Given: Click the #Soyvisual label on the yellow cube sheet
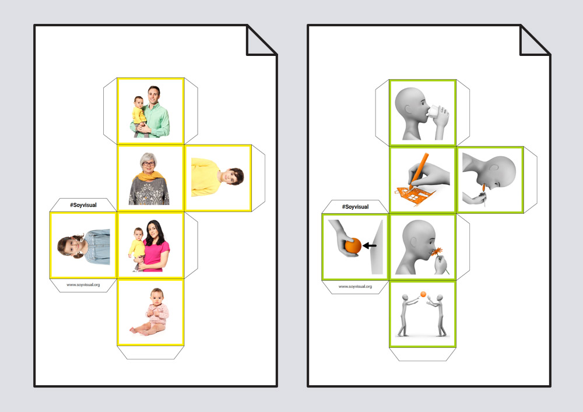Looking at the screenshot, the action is click(x=83, y=205).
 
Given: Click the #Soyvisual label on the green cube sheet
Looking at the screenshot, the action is click(x=356, y=206).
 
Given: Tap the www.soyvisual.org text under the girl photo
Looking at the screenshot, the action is click(x=83, y=284).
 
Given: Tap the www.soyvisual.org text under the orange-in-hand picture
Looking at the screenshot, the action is click(x=355, y=287).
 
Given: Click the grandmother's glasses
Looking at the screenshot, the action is click(x=148, y=164).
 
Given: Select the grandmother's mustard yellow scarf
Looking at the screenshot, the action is click(x=148, y=176).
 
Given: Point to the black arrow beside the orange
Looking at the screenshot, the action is click(x=370, y=245).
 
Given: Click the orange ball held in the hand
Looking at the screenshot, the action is click(x=353, y=246).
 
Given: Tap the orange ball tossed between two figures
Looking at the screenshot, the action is click(x=423, y=295).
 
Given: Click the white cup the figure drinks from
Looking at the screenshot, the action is click(x=434, y=112).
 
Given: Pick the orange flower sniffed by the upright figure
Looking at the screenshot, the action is click(x=437, y=252).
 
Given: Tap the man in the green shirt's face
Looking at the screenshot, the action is click(x=153, y=95).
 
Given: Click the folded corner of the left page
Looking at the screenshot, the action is click(x=260, y=41).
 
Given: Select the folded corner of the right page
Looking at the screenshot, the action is click(x=533, y=41).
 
